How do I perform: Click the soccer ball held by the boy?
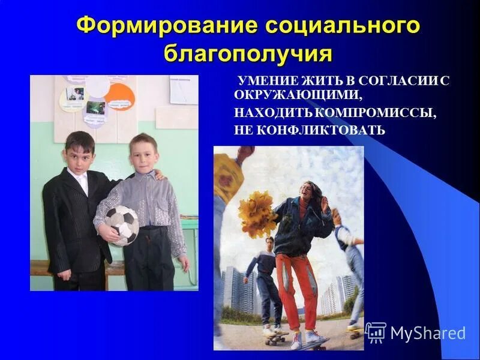point(122,225)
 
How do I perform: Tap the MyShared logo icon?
point(376,332)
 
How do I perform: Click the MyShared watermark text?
point(428,333)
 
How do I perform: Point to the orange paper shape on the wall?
point(119,97)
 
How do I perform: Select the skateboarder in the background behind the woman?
point(266,282)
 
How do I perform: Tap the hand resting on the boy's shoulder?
point(158,175)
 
